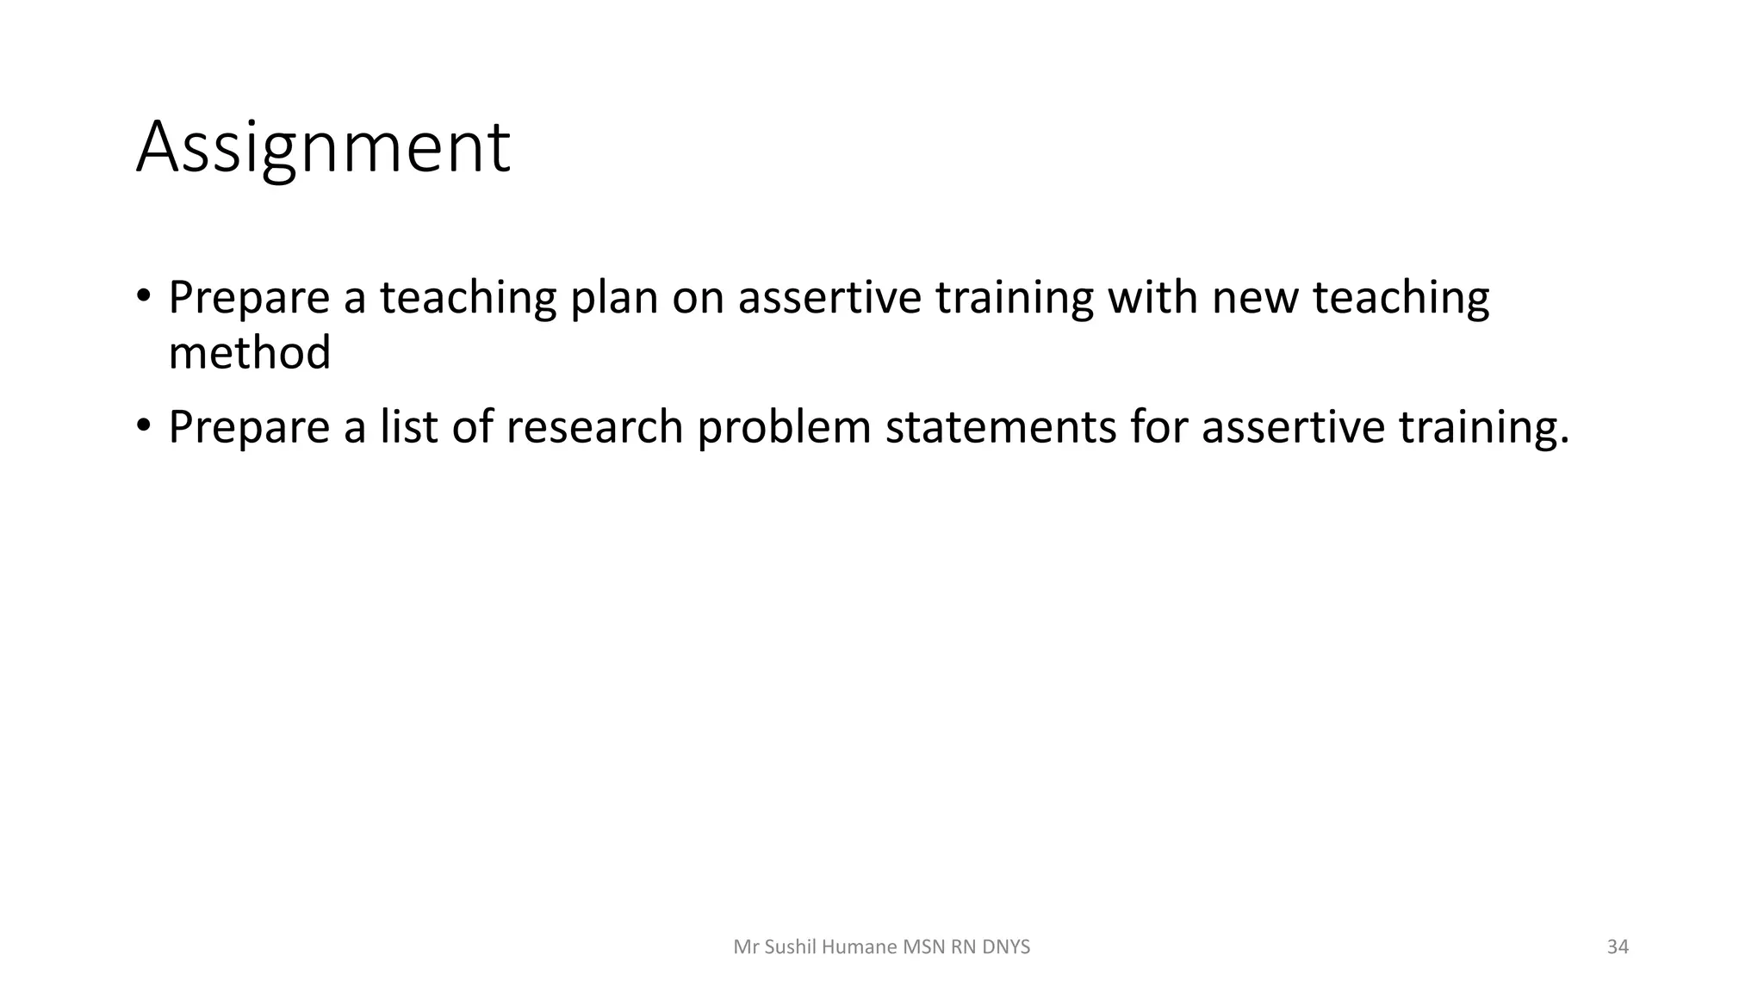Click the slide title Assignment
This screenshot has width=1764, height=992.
(323, 147)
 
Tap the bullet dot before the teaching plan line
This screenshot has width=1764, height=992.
(143, 297)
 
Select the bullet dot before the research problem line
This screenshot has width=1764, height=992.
(143, 426)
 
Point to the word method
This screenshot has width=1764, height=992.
(249, 353)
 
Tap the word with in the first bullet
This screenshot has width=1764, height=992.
(1152, 297)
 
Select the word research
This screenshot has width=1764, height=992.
(594, 426)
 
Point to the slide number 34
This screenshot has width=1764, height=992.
(1618, 947)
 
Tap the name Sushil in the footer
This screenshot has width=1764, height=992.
(791, 947)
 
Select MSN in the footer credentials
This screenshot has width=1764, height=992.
(923, 947)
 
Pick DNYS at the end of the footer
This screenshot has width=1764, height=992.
(1005, 947)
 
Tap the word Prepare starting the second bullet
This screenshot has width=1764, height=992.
(249, 428)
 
